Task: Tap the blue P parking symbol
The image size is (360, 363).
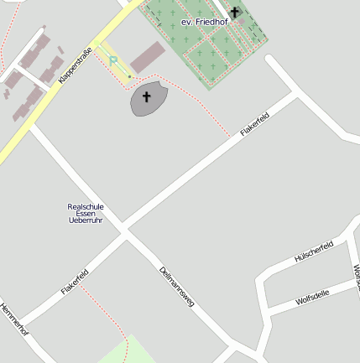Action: click(x=113, y=61)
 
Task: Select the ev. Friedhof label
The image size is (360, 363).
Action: click(x=204, y=22)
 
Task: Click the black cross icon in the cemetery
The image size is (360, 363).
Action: click(x=234, y=12)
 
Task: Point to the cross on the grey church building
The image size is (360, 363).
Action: click(x=147, y=97)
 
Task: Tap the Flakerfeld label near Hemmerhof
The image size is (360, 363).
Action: click(x=75, y=282)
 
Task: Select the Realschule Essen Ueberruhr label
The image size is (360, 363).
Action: click(x=86, y=213)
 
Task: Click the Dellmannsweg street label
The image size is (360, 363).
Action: click(x=176, y=286)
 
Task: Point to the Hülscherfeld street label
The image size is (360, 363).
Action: click(x=315, y=252)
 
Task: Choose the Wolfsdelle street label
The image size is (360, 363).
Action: click(x=312, y=297)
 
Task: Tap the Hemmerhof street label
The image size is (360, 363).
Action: click(x=14, y=319)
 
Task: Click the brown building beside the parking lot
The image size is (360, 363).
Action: click(x=148, y=56)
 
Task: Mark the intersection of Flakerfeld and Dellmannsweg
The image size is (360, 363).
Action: click(x=124, y=231)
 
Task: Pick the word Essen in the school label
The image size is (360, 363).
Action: click(x=86, y=213)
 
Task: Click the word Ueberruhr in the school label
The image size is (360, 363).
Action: click(x=86, y=220)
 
